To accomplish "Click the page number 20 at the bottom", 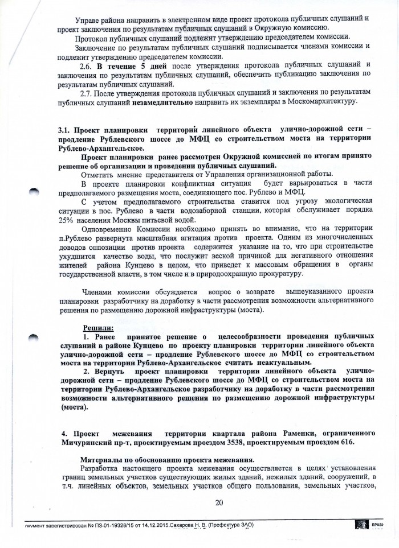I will (218, 501).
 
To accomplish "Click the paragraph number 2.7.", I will (87, 93).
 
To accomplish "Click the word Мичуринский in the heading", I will (88, 442).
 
